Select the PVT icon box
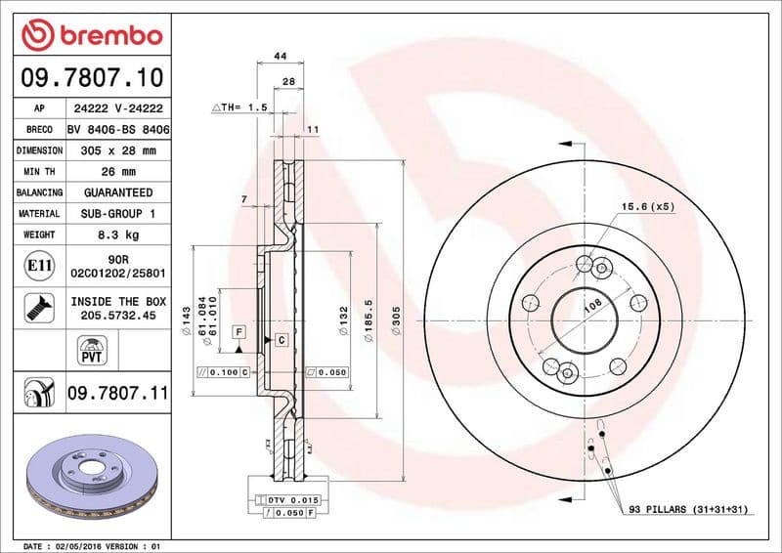91,349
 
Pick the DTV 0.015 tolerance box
294,499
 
